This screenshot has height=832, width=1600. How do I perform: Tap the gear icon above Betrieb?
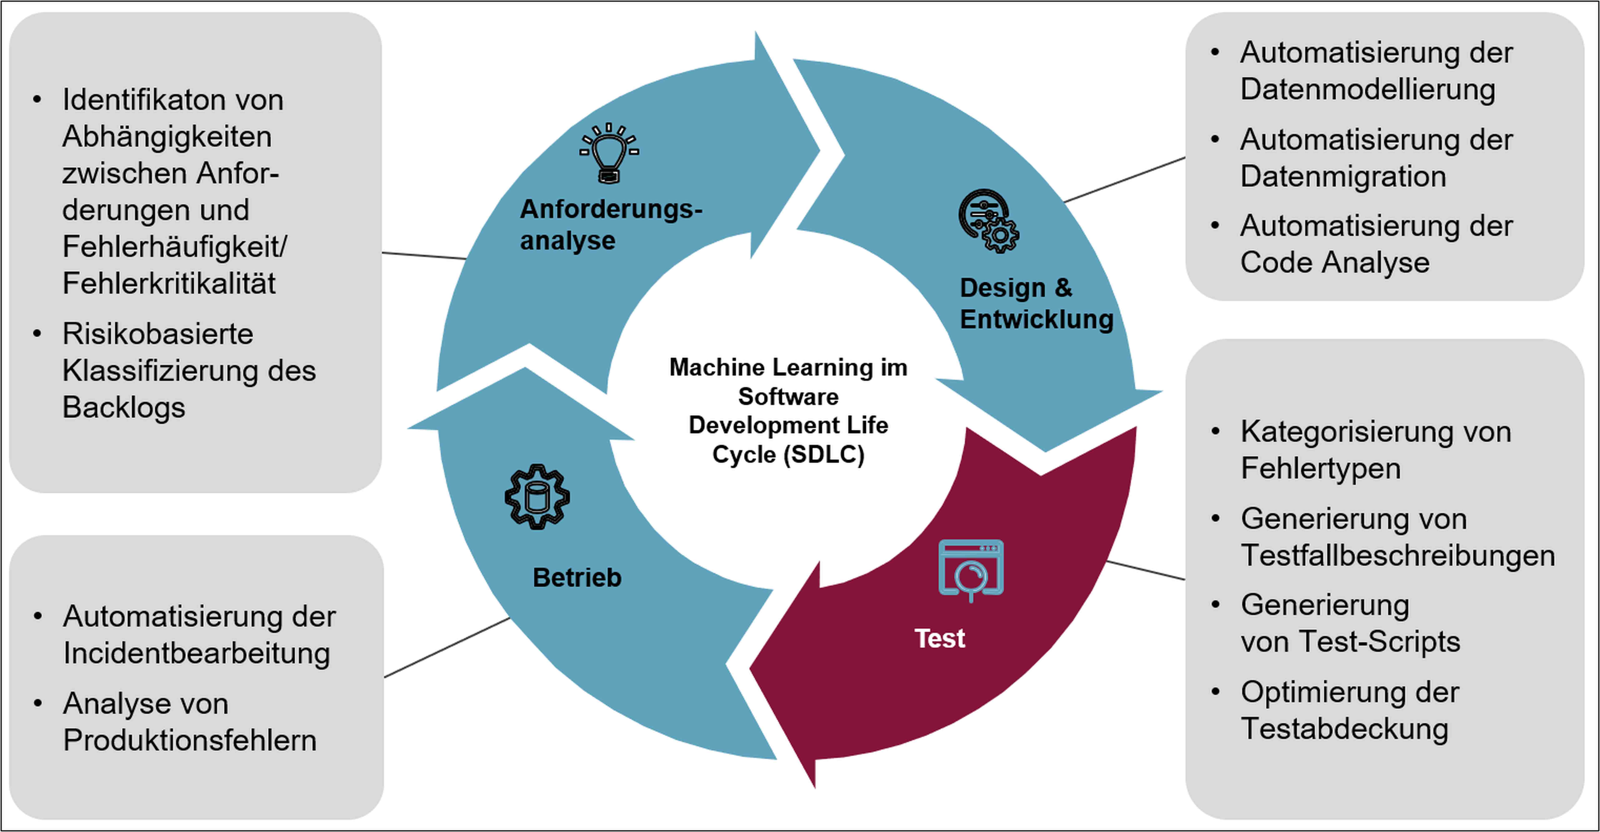point(537,497)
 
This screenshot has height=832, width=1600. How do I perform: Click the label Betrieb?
point(577,577)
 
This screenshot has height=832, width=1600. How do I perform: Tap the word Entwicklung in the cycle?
point(1036,319)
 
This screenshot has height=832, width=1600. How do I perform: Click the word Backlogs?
point(124,407)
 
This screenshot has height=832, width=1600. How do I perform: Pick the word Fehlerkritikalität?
point(168,284)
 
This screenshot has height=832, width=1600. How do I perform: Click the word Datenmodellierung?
point(1367,89)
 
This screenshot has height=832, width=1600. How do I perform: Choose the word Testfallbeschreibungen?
point(1397,555)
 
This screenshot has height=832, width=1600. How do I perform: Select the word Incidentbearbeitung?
point(196,653)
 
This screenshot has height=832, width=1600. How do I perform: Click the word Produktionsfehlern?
point(189,740)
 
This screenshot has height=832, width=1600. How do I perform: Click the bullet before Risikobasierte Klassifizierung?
point(37,333)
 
